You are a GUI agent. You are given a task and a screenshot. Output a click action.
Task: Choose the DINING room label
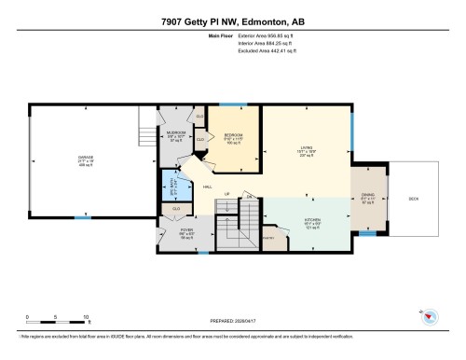pos(367,196)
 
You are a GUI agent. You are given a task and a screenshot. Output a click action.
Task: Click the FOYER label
pos(186,228)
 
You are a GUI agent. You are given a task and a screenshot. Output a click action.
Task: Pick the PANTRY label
pos(270,240)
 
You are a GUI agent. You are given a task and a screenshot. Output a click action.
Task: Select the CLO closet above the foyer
pos(176,209)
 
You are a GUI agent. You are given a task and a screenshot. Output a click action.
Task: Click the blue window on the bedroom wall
pos(232,106)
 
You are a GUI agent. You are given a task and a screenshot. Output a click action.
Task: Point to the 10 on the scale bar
pos(86,318)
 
